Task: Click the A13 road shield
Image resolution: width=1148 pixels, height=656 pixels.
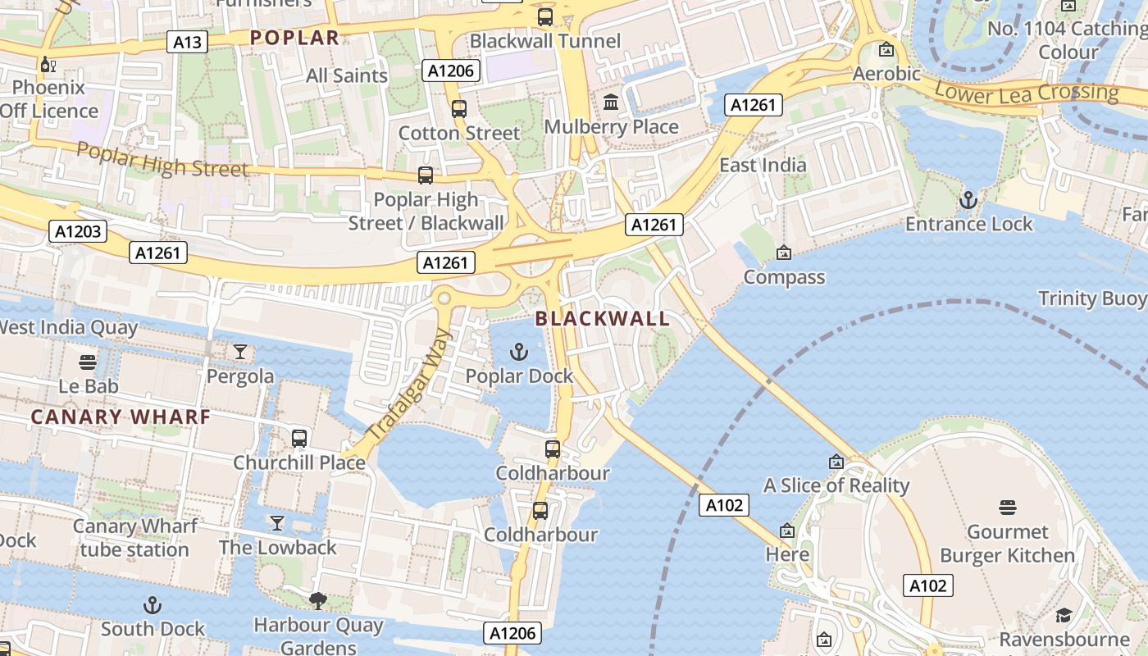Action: point(187,42)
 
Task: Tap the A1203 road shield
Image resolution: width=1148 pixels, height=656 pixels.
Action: point(79,231)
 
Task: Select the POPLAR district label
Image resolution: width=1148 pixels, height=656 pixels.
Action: point(294,37)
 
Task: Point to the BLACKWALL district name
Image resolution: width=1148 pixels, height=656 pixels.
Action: point(603,318)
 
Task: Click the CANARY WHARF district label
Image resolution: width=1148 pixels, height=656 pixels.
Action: point(121,417)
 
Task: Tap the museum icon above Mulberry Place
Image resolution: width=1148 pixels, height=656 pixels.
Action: point(611,102)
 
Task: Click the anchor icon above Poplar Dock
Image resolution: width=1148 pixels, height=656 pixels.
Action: point(518,352)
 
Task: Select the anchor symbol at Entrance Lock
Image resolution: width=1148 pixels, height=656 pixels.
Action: point(968,200)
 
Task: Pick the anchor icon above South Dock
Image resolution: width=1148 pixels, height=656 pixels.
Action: point(153,605)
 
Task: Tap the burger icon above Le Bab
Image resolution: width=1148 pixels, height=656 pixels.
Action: point(89,362)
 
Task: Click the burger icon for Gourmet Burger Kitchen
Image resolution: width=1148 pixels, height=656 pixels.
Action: point(1007,508)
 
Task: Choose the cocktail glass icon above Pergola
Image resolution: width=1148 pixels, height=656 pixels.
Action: point(239,352)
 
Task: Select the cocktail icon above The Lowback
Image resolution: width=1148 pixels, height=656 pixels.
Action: point(277,523)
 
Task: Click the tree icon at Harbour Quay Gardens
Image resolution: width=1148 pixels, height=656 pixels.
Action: point(317,601)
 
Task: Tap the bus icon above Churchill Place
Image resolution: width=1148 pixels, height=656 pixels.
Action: point(299,438)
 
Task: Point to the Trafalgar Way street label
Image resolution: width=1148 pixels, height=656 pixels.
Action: point(409,385)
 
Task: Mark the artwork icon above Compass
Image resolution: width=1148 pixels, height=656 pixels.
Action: point(784,253)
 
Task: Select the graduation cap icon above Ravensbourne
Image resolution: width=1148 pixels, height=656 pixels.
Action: point(1064,615)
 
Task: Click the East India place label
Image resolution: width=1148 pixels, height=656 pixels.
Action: point(763,164)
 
